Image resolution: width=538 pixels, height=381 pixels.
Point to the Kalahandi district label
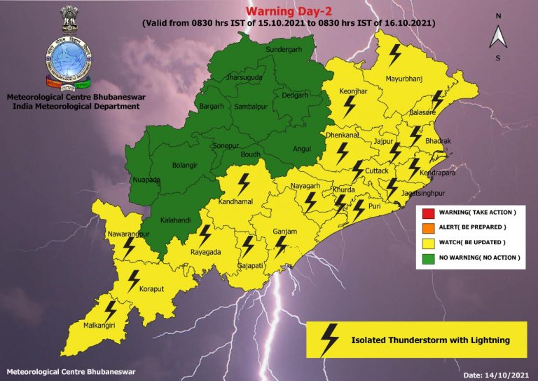pyautogui.click(x=175, y=220)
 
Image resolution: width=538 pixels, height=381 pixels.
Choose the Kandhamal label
pyautogui.click(x=238, y=201)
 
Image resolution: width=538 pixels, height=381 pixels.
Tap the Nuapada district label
pyautogui.click(x=146, y=180)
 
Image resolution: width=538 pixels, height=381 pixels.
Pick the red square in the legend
pyautogui.click(x=427, y=212)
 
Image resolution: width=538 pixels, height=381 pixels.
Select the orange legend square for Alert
pyautogui.click(x=427, y=227)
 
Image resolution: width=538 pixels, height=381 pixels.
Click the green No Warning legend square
pyautogui.click(x=427, y=258)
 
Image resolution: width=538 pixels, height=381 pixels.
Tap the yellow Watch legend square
pyautogui.click(x=427, y=243)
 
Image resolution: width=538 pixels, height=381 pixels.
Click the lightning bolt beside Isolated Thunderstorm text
pyautogui.click(x=329, y=340)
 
